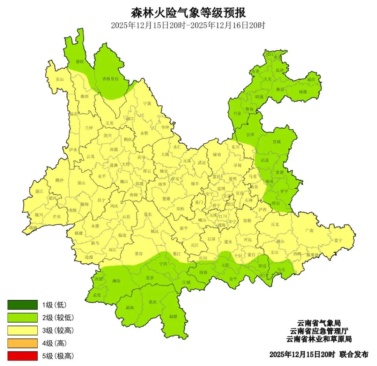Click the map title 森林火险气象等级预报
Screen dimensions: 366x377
coord(188,13)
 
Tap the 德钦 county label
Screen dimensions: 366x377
coord(80,62)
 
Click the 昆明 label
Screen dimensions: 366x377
coord(221,188)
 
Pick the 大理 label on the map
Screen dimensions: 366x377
coord(125,164)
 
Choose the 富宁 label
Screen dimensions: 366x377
coord(338,240)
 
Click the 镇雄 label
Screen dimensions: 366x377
coord(303,92)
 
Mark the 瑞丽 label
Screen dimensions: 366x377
coord(33,228)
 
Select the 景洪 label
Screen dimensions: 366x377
coord(152,302)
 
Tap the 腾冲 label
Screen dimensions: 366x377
coord(59,180)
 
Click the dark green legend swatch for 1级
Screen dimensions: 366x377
coord(22,305)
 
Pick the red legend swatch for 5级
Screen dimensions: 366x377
coord(22,356)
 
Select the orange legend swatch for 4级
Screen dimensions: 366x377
coord(22,343)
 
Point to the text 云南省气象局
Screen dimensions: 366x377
coord(319,323)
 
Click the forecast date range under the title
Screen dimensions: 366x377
coord(188,26)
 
